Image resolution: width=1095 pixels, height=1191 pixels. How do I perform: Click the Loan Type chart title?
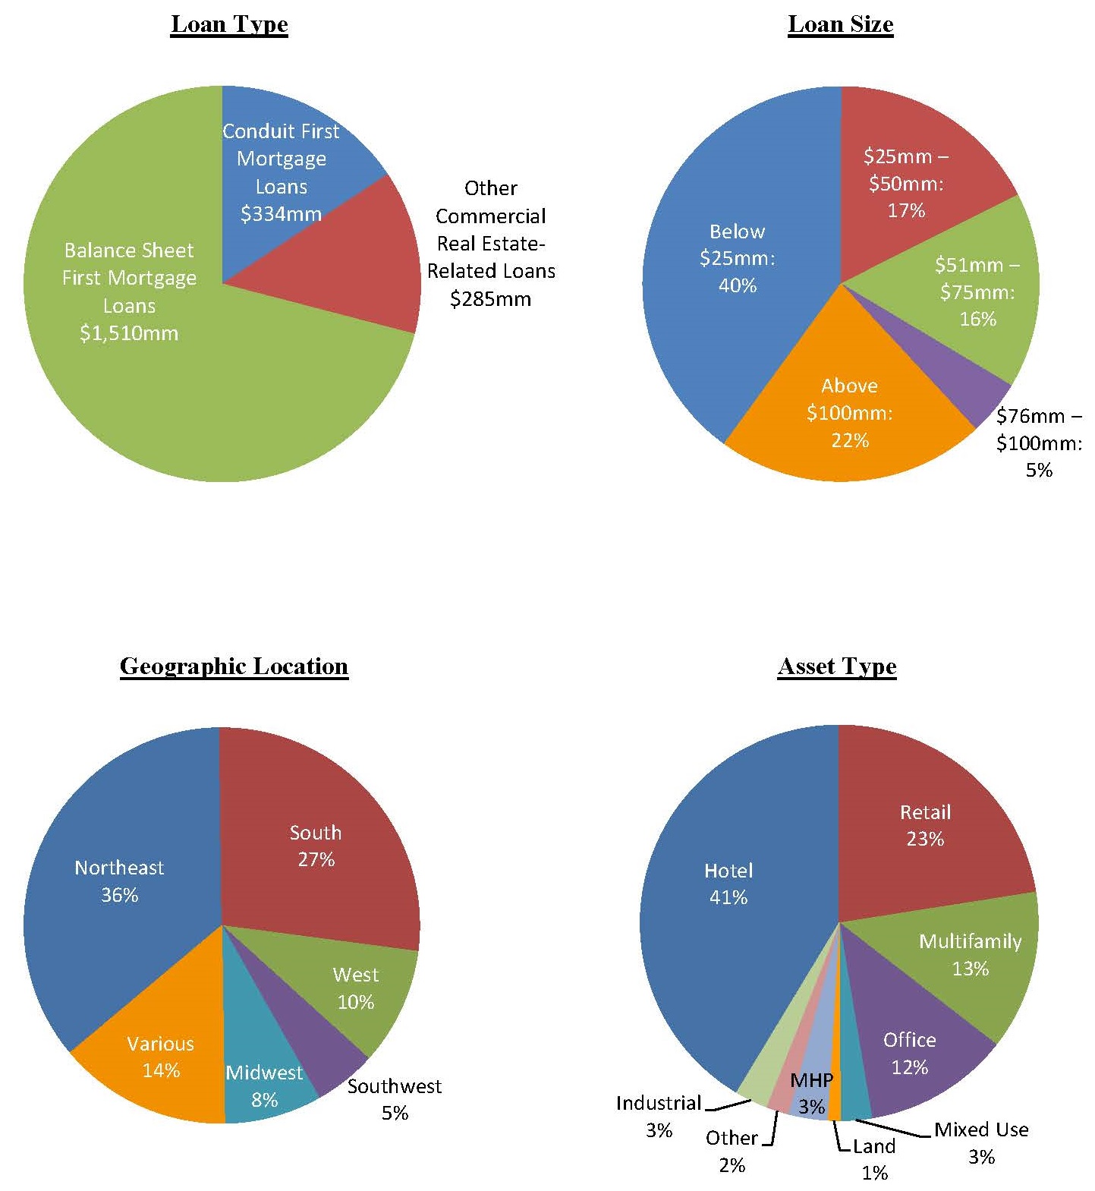229,24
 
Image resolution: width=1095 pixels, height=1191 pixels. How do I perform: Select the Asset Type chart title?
837,666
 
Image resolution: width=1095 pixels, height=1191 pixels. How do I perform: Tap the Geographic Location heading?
234,666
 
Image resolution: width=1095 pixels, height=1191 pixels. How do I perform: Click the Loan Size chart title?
840,24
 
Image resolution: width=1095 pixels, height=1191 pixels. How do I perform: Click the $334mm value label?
281,214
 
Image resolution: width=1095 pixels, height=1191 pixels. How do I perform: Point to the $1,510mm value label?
129,333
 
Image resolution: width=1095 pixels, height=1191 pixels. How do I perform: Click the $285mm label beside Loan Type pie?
490,299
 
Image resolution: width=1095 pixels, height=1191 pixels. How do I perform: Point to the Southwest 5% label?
395,1099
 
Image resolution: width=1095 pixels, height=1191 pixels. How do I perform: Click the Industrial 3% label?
659,1116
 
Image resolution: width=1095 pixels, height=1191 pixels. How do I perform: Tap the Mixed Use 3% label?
981,1142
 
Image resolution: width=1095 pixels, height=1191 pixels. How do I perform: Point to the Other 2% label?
732,1151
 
